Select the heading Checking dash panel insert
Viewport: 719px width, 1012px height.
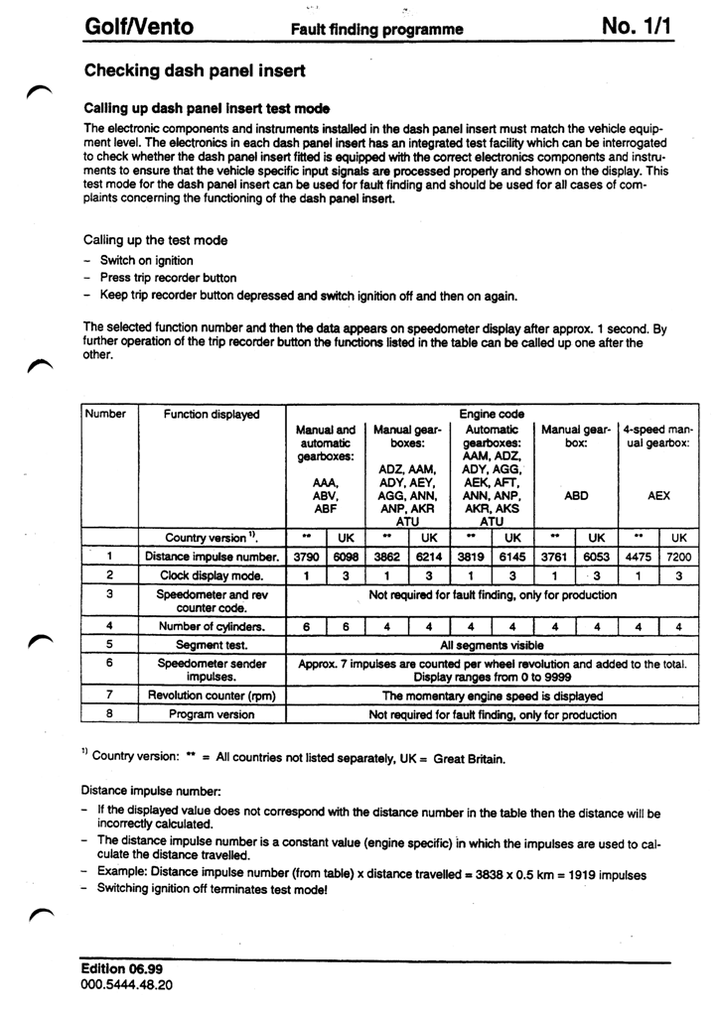coord(195,71)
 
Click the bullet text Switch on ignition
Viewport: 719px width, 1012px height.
coord(146,261)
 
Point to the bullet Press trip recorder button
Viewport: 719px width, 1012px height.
coord(168,279)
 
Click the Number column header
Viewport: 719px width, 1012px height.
coord(107,414)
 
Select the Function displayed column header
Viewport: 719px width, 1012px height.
coord(212,414)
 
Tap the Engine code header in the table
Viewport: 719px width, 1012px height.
coord(491,414)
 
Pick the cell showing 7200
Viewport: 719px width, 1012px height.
coord(678,557)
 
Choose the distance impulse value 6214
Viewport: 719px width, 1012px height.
coord(430,557)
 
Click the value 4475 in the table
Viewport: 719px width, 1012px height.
coord(638,557)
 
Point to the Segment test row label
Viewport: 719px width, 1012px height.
coord(211,644)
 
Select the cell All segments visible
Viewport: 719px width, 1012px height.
coord(491,644)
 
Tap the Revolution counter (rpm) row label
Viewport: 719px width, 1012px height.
coord(212,696)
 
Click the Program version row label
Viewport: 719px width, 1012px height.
coord(212,714)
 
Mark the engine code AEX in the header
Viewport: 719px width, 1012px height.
coord(658,494)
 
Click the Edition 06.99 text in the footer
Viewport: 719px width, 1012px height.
coord(121,967)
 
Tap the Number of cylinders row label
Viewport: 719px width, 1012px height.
coord(211,626)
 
